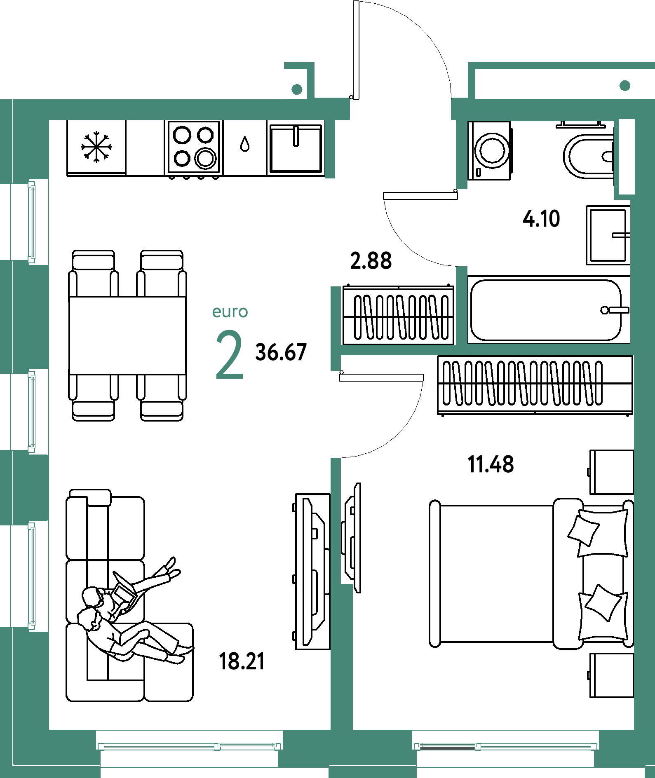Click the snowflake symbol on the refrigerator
[x=96, y=147]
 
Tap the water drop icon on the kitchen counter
[x=245, y=144]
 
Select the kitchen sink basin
[x=296, y=149]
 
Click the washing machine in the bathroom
[x=490, y=150]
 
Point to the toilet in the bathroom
[x=588, y=156]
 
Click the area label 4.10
[x=541, y=218]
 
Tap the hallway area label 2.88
[x=371, y=261]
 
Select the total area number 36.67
[x=281, y=352]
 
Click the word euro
[x=230, y=312]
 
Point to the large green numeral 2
[x=230, y=355]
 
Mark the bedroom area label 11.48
[x=491, y=464]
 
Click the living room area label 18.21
[x=242, y=661]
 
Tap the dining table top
[x=127, y=335]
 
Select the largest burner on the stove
[x=205, y=157]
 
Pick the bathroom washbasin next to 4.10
[x=608, y=235]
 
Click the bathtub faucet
[x=615, y=310]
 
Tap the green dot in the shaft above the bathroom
[x=625, y=85]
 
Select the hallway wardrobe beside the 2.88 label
[x=398, y=315]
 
